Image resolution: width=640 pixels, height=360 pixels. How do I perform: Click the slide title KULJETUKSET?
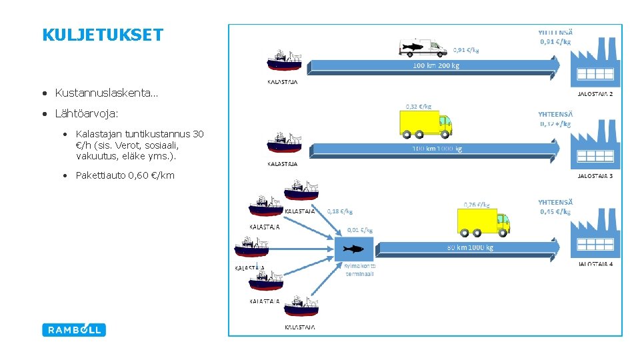click(x=102, y=35)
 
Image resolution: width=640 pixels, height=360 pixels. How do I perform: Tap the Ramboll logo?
click(x=74, y=329)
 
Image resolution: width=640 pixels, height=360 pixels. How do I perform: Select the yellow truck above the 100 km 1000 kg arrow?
click(x=425, y=123)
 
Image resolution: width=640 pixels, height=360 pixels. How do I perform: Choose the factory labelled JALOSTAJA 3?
click(x=595, y=145)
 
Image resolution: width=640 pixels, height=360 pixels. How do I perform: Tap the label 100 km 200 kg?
click(x=436, y=66)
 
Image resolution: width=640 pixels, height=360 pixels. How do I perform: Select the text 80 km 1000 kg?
click(x=470, y=247)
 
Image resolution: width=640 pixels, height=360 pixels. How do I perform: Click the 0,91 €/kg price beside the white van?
click(x=466, y=49)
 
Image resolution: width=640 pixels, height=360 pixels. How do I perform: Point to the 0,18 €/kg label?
click(x=340, y=211)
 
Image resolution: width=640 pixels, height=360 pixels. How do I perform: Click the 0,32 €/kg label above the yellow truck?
click(x=419, y=105)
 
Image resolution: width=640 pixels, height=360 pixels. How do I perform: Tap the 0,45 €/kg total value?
click(x=555, y=212)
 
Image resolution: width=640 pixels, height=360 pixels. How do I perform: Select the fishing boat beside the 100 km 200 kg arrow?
click(x=284, y=61)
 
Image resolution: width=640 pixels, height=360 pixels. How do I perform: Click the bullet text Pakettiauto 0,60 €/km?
click(x=125, y=175)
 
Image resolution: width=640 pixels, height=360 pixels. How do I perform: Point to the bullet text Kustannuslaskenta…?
click(x=106, y=93)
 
